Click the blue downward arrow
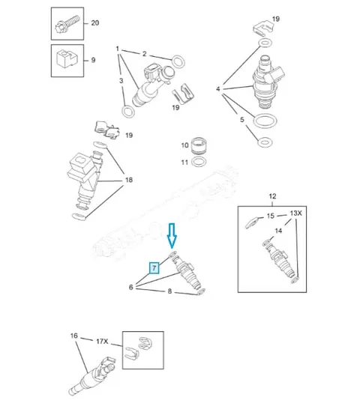tap(172, 235)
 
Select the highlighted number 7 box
tap(154, 268)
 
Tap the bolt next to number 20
tap(67, 24)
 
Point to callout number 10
tap(184, 145)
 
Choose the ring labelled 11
tap(199, 162)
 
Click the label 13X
tap(295, 213)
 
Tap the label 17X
tap(102, 341)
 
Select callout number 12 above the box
tap(272, 196)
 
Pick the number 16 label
tap(73, 336)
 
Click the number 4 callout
tap(218, 89)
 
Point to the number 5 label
tap(242, 119)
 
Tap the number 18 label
tap(129, 180)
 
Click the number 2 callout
tap(144, 54)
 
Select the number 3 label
tap(121, 81)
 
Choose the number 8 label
tap(169, 291)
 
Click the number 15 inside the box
tap(270, 216)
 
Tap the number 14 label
tap(278, 231)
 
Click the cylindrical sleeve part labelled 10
tap(199, 146)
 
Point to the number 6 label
tap(130, 287)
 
